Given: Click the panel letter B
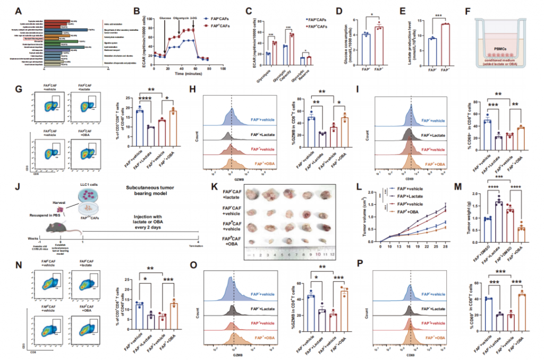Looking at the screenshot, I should [x=137, y=10].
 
